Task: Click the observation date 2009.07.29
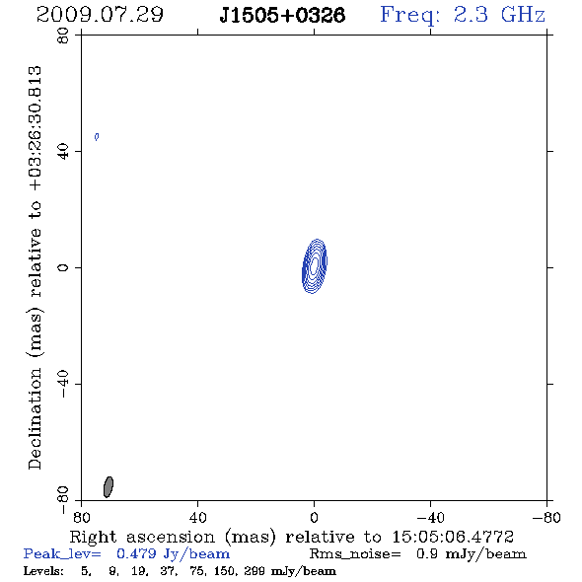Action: pos(100,15)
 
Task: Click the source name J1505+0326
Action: pos(282,15)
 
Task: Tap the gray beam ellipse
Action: pos(108,487)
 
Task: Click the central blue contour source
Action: pos(315,266)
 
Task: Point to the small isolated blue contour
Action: pos(97,137)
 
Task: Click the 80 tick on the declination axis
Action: pos(63,36)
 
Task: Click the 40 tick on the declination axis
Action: pos(63,152)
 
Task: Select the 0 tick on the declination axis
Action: pos(63,267)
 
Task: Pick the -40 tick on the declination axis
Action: pos(63,384)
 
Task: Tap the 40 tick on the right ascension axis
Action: pos(197,518)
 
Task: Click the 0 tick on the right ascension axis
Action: pos(314,518)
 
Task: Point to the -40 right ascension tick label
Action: pos(430,518)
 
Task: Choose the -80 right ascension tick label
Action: pos(546,518)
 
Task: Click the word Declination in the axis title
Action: pos(35,418)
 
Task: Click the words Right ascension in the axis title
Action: pos(142,537)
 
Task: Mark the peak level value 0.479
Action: pos(136,553)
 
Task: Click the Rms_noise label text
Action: pos(355,554)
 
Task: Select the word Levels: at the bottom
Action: pos(43,571)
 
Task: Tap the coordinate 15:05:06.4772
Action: pos(453,537)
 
